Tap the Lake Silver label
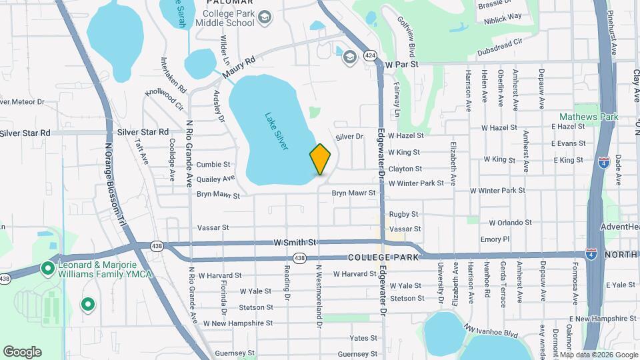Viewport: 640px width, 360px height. [x=276, y=130]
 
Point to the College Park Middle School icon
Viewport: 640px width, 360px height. [x=264, y=17]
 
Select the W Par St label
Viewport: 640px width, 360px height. [x=401, y=65]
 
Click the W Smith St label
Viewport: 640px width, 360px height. [x=295, y=243]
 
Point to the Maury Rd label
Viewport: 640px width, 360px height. [x=240, y=65]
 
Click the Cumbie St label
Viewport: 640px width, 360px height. [x=213, y=164]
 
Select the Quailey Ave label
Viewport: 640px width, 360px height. [x=215, y=179]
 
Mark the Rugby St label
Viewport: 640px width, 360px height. [x=403, y=214]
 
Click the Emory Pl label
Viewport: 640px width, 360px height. [x=495, y=239]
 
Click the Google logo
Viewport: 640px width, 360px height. [x=22, y=352]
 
